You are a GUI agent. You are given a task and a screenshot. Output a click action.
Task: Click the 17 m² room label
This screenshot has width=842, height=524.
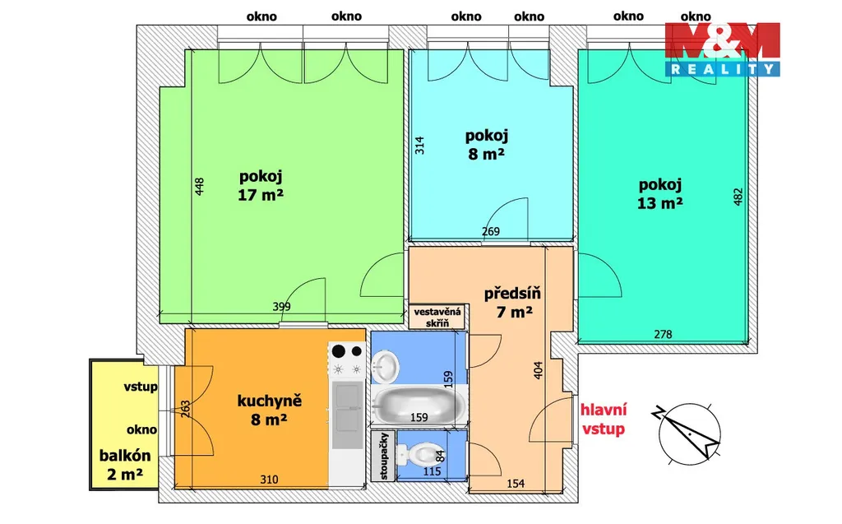point(261,186)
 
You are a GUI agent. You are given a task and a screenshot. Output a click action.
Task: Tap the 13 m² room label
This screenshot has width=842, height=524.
point(660,194)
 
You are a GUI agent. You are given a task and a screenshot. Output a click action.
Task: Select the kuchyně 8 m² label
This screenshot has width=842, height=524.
point(269,410)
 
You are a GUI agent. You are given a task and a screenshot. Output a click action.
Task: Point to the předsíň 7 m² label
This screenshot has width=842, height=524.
point(512,302)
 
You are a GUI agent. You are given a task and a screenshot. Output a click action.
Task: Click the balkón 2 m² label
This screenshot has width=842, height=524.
point(125,464)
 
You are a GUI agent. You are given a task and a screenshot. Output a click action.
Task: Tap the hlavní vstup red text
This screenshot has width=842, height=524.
point(604,420)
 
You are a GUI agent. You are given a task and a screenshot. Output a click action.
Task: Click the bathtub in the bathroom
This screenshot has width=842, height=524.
point(419,406)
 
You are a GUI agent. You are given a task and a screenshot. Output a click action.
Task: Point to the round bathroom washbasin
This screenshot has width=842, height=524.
point(385,367)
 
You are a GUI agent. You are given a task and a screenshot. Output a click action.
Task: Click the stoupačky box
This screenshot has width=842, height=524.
point(383,457)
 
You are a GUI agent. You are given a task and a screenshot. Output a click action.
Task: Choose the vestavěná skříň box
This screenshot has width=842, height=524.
point(437,317)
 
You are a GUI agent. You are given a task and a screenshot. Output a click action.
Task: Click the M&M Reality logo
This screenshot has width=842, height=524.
point(722,49)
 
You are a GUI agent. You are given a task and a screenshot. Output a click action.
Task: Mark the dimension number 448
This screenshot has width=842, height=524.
point(199,187)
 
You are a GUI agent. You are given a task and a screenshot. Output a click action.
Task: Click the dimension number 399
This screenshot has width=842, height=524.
point(281,306)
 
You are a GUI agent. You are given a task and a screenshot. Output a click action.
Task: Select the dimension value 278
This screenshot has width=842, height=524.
point(664,334)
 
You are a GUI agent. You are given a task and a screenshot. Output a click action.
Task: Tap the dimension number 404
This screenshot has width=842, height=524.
point(538,369)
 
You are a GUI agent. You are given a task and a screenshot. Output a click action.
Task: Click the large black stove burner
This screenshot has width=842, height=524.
point(338,351)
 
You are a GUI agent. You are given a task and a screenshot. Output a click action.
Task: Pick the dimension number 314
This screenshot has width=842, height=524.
point(419,146)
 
